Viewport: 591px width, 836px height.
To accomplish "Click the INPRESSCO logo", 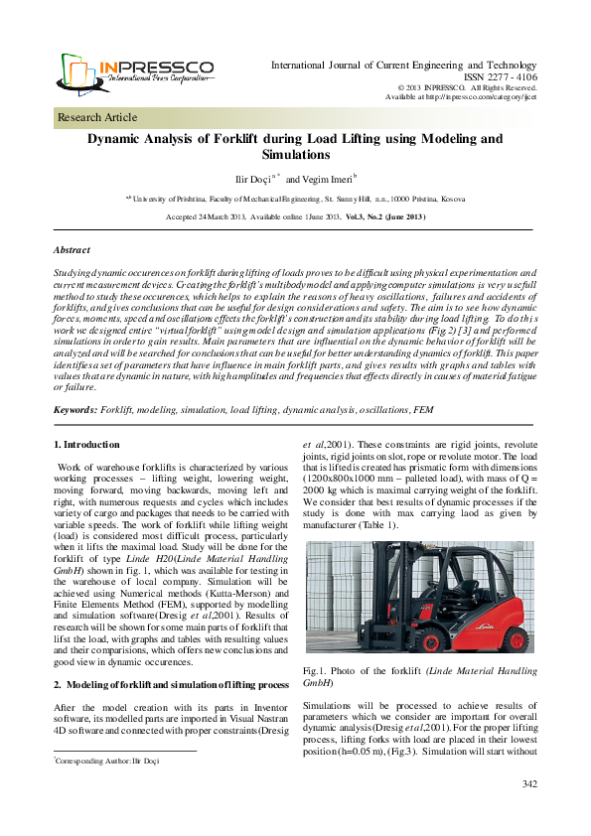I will pyautogui.click(x=135, y=71).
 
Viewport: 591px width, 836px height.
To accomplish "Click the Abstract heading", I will pyautogui.click(x=72, y=250).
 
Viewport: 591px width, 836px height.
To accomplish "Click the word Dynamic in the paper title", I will pyautogui.click(x=119, y=139).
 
